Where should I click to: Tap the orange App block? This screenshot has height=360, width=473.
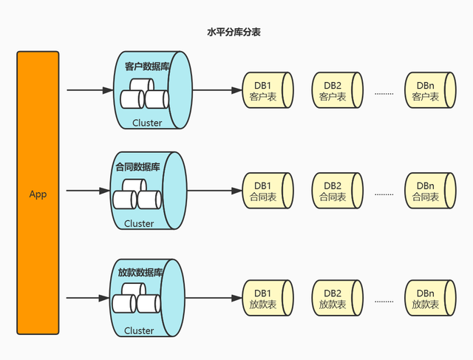coord(38,194)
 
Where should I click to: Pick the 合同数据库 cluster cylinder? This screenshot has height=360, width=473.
coord(148,191)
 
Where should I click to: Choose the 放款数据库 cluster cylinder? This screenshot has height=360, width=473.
coord(148,298)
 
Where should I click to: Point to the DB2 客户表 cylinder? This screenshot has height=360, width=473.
coord(336,91)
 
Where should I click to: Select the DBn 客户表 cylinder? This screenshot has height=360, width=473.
coord(428,91)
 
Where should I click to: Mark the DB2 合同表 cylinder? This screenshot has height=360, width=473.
coord(336,191)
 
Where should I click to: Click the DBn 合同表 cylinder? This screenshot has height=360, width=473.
coord(428,191)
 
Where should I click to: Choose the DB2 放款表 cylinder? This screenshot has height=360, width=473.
coord(336,298)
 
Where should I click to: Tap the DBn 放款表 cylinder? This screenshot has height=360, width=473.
coord(428,298)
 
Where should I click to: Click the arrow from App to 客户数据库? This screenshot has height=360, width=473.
coord(89,91)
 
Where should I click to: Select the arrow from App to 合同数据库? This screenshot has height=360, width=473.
coord(88,191)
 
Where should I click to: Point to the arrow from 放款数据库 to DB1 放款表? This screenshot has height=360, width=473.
coord(214,298)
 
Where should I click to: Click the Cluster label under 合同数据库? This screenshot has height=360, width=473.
coord(139,223)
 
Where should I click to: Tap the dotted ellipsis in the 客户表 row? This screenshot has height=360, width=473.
coord(384,93)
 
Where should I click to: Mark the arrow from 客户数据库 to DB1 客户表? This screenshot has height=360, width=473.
coord(216,91)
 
